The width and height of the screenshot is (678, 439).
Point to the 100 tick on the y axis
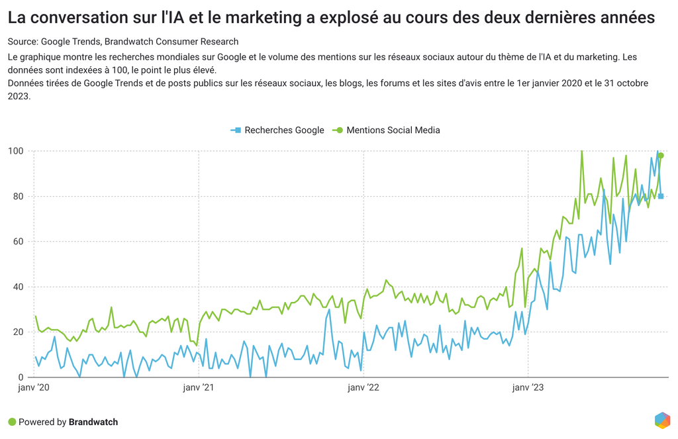tap(15, 152)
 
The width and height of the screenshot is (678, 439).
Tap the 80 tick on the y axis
tap(17, 197)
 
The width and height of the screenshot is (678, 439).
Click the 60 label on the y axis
tap(17, 242)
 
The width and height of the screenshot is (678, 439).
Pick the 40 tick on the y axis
tap(17, 287)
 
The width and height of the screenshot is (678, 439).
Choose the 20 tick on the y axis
tap(17, 332)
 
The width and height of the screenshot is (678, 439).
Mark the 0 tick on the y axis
tap(20, 377)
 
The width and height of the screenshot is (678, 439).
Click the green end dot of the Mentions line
tap(661, 156)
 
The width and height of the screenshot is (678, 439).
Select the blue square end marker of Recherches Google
tap(661, 196)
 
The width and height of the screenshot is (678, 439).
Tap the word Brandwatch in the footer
tap(93, 422)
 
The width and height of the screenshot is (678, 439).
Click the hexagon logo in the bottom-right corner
tap(662, 420)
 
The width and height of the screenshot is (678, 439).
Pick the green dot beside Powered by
tap(12, 422)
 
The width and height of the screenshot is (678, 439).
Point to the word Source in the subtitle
tap(23, 42)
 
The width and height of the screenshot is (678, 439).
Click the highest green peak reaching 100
tap(581, 152)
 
